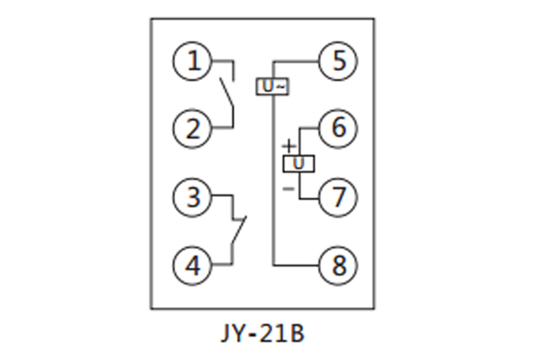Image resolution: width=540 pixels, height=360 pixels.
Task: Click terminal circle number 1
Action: (192, 62)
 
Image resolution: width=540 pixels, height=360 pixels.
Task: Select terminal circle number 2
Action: (192, 129)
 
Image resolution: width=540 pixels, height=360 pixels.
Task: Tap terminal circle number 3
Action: (192, 196)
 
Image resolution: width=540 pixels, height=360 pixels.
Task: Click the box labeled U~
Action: (273, 86)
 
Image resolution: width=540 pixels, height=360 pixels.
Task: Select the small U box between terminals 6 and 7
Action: (297, 163)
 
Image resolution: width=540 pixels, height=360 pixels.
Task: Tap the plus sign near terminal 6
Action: (288, 145)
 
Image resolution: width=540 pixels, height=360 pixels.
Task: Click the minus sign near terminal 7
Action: (288, 188)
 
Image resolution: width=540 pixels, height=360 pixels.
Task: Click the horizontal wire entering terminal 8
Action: (297, 264)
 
